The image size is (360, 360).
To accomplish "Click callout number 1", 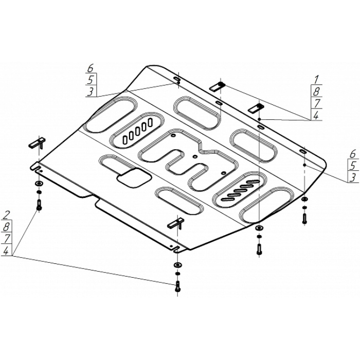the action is click(316, 80).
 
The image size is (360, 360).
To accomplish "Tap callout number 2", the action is click(6, 215).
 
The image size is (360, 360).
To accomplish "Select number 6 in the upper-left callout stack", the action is click(91, 68).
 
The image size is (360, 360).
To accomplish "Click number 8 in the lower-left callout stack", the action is click(6, 227).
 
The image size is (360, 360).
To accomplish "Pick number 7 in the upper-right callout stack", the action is click(317, 103).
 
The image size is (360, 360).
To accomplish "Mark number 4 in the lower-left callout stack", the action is click(6, 251).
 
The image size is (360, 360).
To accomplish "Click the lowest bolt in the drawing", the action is click(177, 286).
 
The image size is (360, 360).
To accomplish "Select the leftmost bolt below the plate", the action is click(39, 205).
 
